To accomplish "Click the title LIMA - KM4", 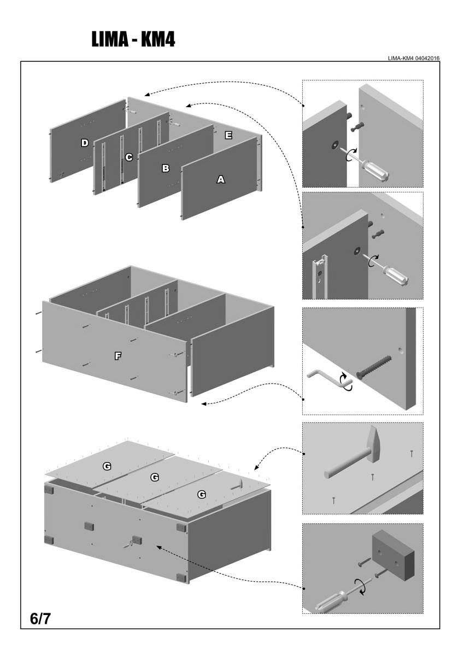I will pyautogui.click(x=133, y=39).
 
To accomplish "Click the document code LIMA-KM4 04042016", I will pyautogui.click(x=414, y=58).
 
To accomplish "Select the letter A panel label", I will pyautogui.click(x=221, y=179).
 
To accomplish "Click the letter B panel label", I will pyautogui.click(x=166, y=168).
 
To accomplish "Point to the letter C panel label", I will pyautogui.click(x=129, y=157).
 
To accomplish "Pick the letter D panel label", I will pyautogui.click(x=85, y=143).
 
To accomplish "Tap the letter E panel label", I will pyautogui.click(x=228, y=135).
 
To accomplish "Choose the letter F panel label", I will pyautogui.click(x=118, y=356).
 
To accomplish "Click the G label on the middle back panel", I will pyautogui.click(x=155, y=477).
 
